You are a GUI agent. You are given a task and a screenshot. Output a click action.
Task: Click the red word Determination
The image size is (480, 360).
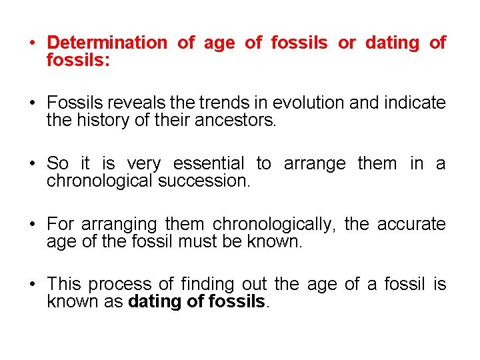coord(107,43)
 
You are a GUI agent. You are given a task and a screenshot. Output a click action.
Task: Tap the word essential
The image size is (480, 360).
coord(209,164)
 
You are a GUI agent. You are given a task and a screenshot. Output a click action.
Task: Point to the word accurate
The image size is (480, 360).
coord(411,225)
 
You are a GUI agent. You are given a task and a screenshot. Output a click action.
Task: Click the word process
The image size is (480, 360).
coord(117,285)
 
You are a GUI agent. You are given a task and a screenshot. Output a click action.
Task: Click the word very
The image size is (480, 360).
coord(143,164)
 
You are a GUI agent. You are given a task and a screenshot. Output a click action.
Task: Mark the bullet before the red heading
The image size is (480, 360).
coord(32,43)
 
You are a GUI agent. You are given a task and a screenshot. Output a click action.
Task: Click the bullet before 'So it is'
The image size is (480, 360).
coord(32,164)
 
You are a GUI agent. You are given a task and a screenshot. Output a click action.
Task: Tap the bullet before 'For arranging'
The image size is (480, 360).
coord(32,225)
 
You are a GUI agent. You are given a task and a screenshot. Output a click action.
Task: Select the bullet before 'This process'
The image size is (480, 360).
coord(32,285)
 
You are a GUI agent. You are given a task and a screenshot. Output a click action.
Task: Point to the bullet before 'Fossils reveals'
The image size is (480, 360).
coord(32,103)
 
